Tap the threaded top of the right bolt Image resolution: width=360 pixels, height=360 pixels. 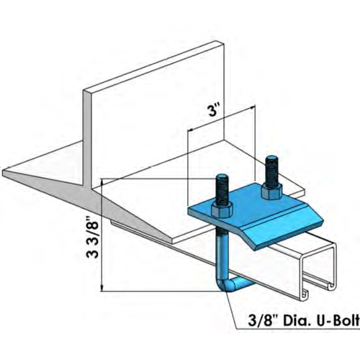click(x=272, y=162)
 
